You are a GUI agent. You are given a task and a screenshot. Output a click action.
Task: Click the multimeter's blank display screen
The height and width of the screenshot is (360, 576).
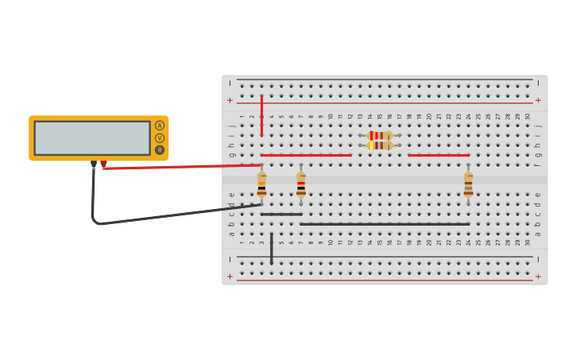92,137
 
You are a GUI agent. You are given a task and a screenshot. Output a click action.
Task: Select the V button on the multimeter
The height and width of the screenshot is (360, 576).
160,137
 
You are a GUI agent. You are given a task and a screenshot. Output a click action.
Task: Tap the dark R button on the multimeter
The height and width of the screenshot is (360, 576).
160,149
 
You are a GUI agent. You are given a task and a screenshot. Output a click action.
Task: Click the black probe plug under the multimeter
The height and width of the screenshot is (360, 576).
94,165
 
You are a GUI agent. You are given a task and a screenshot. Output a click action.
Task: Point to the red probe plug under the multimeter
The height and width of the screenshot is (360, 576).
103,165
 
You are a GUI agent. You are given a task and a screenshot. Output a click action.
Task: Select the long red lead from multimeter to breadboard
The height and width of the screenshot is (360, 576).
183,166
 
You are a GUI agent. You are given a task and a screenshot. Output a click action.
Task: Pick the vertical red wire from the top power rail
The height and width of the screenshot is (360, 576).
261,115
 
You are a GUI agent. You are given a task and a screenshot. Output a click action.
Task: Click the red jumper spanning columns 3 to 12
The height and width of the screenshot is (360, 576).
306,155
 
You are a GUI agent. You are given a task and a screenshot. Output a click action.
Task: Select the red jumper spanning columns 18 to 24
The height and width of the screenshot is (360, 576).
439,155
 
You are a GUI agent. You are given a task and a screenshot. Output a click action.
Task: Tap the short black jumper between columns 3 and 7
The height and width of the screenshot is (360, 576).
281,214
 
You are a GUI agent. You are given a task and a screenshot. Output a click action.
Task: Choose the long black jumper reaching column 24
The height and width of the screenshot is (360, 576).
385,224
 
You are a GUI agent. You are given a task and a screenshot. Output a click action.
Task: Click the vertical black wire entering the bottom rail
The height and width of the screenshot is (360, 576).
272,249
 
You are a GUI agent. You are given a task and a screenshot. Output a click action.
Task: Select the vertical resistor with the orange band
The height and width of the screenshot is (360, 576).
261,184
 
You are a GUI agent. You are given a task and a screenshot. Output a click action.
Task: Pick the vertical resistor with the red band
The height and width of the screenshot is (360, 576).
301,184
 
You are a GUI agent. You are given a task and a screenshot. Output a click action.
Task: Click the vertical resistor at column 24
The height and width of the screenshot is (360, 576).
469,184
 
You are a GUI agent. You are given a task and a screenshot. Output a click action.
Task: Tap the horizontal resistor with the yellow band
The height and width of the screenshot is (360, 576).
381,145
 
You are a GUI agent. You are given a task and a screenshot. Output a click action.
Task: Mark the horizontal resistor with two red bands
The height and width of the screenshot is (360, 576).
381,135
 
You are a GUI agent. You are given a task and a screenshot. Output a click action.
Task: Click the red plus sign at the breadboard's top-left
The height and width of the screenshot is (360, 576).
230,100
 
